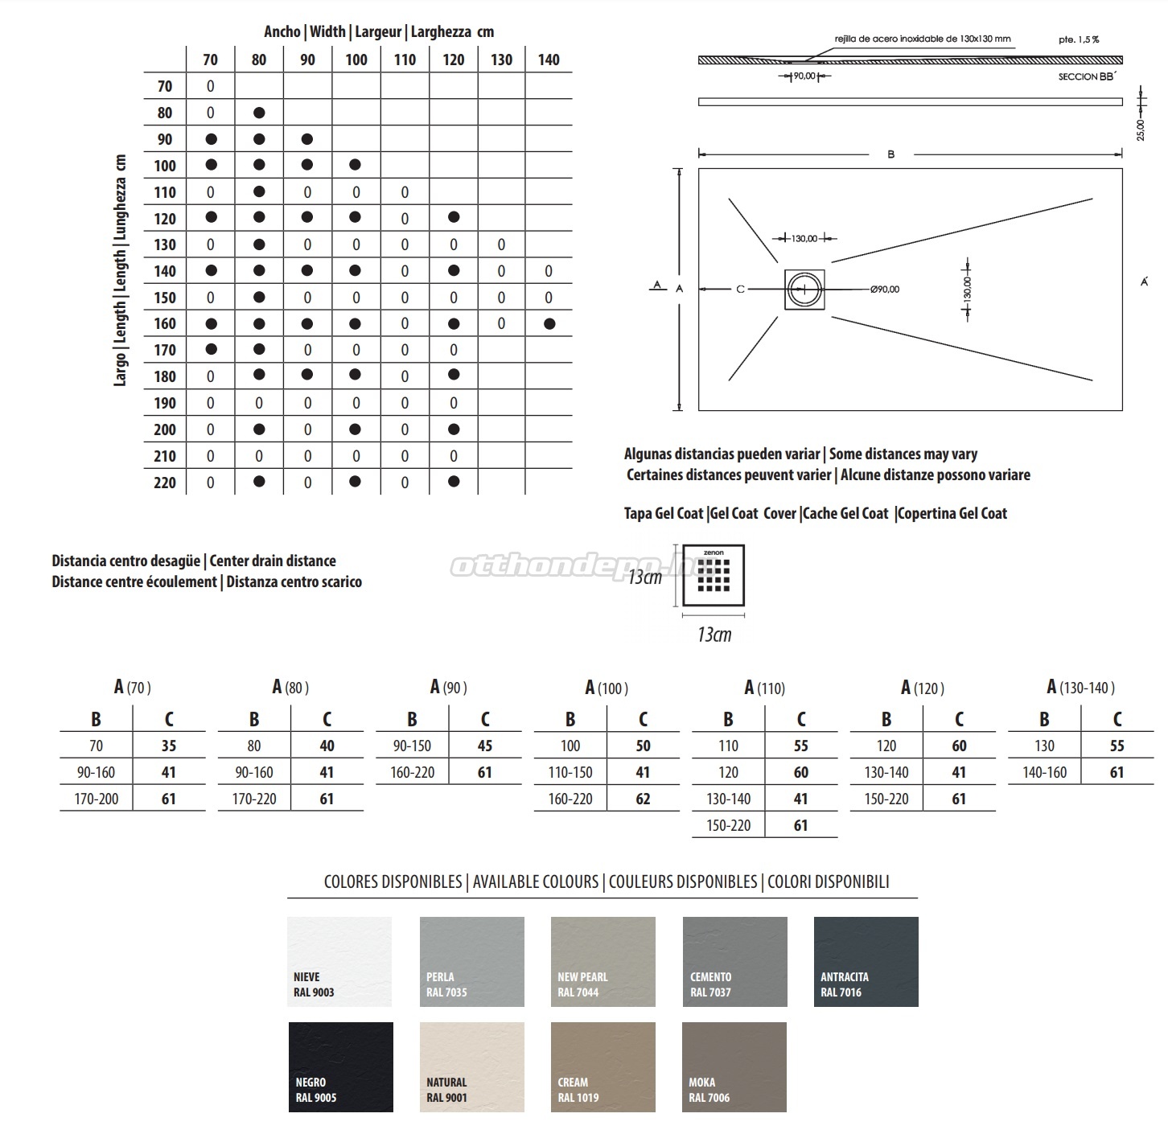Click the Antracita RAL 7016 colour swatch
click(x=866, y=961)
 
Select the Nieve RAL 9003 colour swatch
click(x=339, y=961)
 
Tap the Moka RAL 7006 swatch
click(x=734, y=1066)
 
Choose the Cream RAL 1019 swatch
click(x=603, y=1066)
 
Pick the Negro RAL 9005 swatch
click(x=340, y=1066)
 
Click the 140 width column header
click(x=549, y=60)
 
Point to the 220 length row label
click(x=165, y=483)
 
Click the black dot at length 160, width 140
click(x=549, y=324)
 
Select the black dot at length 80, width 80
click(x=259, y=113)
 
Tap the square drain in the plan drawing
click(x=805, y=290)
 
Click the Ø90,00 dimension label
click(x=885, y=290)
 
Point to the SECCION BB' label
click(x=1088, y=76)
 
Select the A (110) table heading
click(x=764, y=688)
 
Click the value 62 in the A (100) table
click(x=643, y=799)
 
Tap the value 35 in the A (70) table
click(x=169, y=746)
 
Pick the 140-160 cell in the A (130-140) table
click(x=1044, y=772)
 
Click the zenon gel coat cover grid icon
click(x=714, y=576)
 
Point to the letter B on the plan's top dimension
click(x=890, y=154)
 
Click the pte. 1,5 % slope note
click(x=1079, y=39)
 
